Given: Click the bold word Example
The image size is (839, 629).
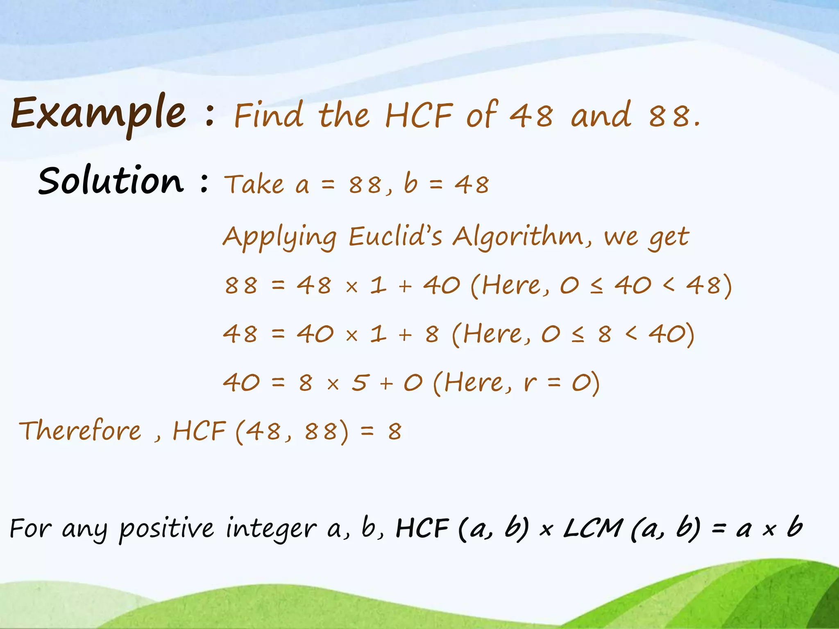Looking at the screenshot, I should click(x=98, y=113).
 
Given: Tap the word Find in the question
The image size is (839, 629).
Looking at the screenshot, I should click(x=269, y=115).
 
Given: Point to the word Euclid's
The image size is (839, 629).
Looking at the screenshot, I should click(x=395, y=236).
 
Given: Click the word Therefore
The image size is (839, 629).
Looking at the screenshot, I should click(x=80, y=431).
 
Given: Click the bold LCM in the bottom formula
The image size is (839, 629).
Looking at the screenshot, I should click(x=593, y=528).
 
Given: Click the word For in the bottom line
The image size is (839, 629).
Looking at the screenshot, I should click(x=31, y=528).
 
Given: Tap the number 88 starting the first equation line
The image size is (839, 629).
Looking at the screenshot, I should click(x=241, y=285).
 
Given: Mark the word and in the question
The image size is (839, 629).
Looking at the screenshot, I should click(x=601, y=115).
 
